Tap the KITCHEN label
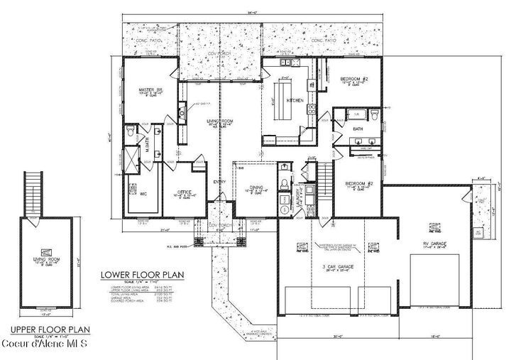295,101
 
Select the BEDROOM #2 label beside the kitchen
353,80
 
